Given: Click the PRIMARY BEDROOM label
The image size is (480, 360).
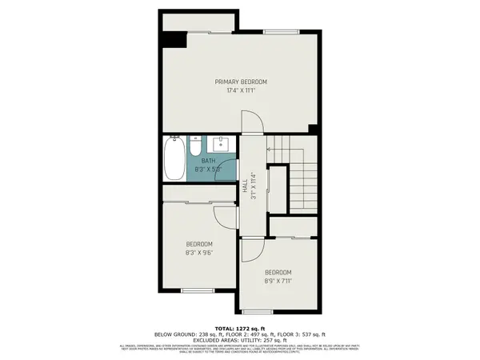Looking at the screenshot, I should (x=240, y=82).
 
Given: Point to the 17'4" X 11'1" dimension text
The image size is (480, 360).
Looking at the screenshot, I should (x=240, y=90).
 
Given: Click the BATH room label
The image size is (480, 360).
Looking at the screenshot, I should (x=208, y=161).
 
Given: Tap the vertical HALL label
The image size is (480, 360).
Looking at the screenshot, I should (x=244, y=186).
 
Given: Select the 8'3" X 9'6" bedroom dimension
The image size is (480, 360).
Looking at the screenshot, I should (x=199, y=253).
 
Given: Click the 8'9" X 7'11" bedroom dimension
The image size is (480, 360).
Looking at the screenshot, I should (x=278, y=281).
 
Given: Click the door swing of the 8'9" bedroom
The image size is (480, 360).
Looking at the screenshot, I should (x=250, y=250).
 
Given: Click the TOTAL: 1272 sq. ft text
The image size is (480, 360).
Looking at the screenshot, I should (x=239, y=328).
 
